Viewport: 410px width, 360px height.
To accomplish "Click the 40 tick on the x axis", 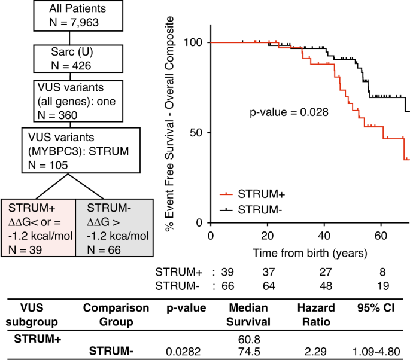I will pos(324,234).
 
